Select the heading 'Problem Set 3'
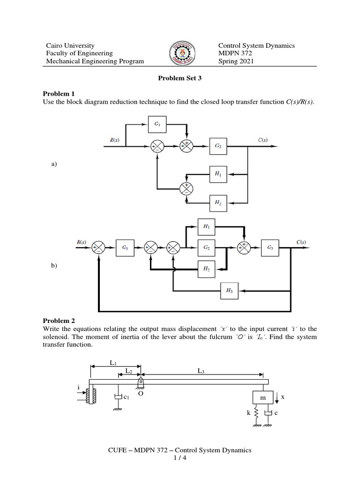point(180,79)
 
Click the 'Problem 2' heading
point(59,321)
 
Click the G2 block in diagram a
point(218,146)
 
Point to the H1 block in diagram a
point(218,174)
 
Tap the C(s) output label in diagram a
point(262,140)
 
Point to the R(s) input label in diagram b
point(82,242)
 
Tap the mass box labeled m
point(262,397)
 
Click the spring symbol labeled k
point(256,413)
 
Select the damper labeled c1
point(118,397)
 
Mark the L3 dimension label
point(201,371)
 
